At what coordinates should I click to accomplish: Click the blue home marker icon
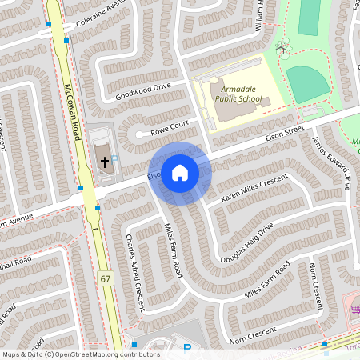(x=179, y=172)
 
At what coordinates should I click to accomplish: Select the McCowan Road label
(x=74, y=112)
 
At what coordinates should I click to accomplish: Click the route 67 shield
(x=106, y=278)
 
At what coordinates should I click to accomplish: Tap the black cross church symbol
(x=104, y=162)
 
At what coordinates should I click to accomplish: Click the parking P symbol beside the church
(x=114, y=158)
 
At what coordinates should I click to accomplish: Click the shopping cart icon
(x=353, y=306)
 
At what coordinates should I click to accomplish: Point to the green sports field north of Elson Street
(x=306, y=81)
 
